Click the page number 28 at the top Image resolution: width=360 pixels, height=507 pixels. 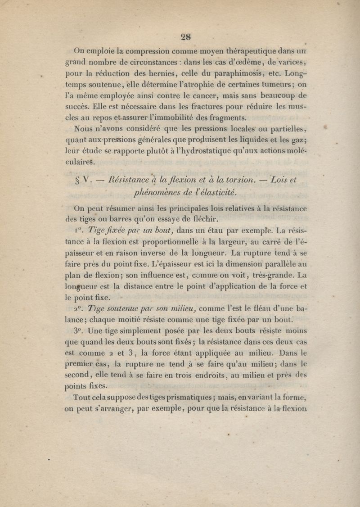point(184,37)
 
